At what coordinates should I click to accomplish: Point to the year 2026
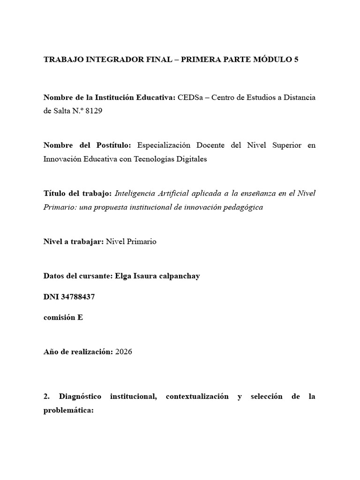click(x=124, y=352)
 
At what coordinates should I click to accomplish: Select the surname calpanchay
click(x=178, y=276)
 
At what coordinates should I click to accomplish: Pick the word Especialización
click(x=165, y=145)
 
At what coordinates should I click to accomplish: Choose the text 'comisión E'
click(x=63, y=317)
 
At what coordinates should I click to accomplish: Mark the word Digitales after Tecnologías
click(x=189, y=159)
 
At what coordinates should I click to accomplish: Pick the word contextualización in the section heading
click(x=197, y=397)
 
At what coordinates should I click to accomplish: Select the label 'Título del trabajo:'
click(x=77, y=194)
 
